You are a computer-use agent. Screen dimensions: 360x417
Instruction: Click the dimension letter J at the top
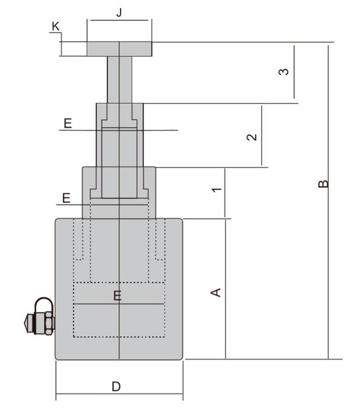point(119,12)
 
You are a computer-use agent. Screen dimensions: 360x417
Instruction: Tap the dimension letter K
point(56,26)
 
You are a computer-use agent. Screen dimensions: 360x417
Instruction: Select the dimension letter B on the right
point(323,184)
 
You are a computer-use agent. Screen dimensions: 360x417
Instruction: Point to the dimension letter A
point(215,292)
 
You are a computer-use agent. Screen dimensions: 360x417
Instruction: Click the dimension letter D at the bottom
point(116,387)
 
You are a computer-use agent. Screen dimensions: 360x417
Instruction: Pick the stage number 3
point(284,71)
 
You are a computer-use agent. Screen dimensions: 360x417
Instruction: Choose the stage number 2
point(251,137)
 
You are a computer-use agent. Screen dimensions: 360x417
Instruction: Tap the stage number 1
point(217,189)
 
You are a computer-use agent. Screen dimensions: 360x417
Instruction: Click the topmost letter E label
point(68,124)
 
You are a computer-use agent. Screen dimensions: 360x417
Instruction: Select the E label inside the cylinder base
point(118,296)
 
